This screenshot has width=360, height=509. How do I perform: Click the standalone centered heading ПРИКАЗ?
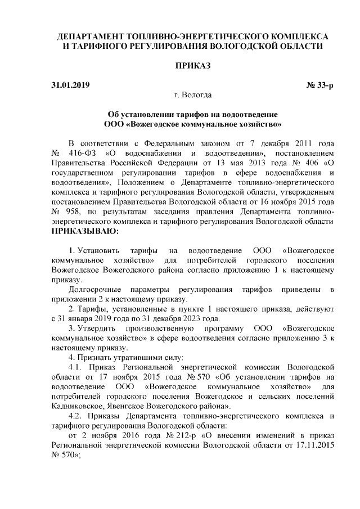pyautogui.click(x=193, y=66)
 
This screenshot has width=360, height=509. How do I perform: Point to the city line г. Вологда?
pyautogui.click(x=193, y=96)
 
